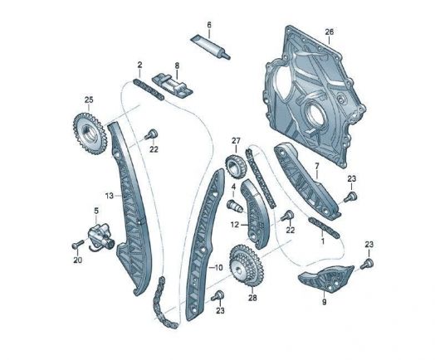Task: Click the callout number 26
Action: pyautogui.click(x=330, y=32)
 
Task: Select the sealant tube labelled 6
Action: pyautogui.click(x=210, y=46)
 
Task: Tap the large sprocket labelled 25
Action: pyautogui.click(x=89, y=134)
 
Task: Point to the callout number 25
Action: pyautogui.click(x=89, y=100)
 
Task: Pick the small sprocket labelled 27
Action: pyautogui.click(x=236, y=167)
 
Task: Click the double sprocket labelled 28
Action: pyautogui.click(x=247, y=265)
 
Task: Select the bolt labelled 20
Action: pyautogui.click(x=78, y=244)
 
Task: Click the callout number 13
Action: pyautogui.click(x=110, y=196)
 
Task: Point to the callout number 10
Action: pyautogui.click(x=218, y=268)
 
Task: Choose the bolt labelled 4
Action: pyautogui.click(x=235, y=206)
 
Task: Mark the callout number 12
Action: pyautogui.click(x=235, y=225)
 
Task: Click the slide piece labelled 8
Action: pyautogui.click(x=172, y=86)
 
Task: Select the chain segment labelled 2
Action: pyautogui.click(x=148, y=90)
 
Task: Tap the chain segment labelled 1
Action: pyautogui.click(x=324, y=228)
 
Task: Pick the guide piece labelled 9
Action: pyautogui.click(x=326, y=279)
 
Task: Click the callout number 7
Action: pyautogui.click(x=317, y=166)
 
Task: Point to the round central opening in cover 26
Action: pyautogui.click(x=315, y=115)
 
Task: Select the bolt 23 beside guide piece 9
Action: pyautogui.click(x=367, y=263)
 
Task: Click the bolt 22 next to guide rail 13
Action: pyautogui.click(x=151, y=134)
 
